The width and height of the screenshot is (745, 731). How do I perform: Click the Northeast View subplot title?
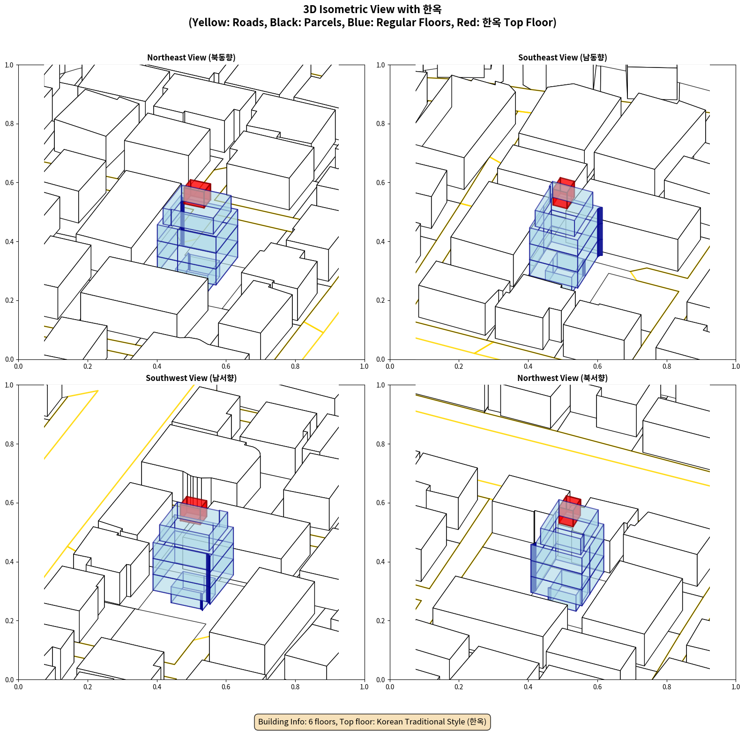(191, 58)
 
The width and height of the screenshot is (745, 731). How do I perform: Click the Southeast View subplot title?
(562, 58)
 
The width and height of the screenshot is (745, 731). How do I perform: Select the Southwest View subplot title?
(191, 378)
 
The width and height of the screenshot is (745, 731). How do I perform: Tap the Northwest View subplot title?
(562, 378)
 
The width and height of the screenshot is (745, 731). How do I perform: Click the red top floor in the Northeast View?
(197, 194)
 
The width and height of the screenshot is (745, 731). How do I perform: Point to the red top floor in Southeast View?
(564, 193)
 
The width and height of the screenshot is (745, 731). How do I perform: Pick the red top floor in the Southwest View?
(193, 510)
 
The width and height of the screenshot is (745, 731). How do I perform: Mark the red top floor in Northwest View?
(570, 511)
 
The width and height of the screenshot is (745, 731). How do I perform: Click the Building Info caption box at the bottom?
(372, 722)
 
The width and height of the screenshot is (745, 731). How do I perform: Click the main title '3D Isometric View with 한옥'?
(372, 9)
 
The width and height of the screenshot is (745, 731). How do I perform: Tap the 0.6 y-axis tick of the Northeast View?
(9, 183)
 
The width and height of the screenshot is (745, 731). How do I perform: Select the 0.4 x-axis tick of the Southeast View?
(528, 366)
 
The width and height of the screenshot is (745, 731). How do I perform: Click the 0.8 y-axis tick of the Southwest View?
(9, 444)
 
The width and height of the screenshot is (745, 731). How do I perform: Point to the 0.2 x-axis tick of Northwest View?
(459, 687)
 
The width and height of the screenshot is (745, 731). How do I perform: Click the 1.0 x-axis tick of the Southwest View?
(364, 687)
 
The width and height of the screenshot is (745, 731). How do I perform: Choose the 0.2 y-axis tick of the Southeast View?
(380, 300)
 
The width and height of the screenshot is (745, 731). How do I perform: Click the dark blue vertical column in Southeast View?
(600, 231)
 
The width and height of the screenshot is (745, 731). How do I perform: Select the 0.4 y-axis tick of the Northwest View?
(380, 562)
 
